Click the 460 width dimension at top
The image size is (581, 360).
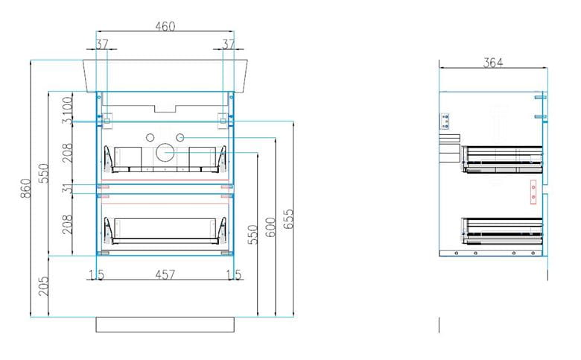165,26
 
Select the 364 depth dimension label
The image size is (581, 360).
493,63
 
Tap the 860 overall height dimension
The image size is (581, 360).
25,188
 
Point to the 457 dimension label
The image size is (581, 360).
165,275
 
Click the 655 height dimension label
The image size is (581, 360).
288,218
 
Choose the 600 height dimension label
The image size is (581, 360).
270,227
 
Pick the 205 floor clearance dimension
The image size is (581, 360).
43,286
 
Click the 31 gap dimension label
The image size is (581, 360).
67,189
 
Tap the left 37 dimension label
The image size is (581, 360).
102,45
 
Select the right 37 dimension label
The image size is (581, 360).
229,45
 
